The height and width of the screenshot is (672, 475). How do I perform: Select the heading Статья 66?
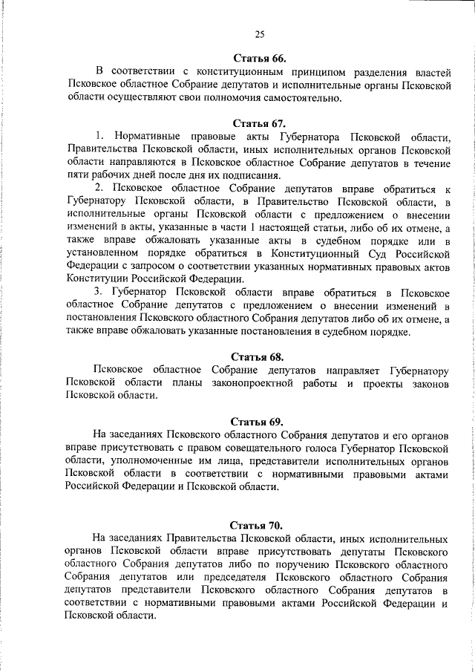click(259, 57)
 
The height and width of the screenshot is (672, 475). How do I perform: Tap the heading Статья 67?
click(259, 123)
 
